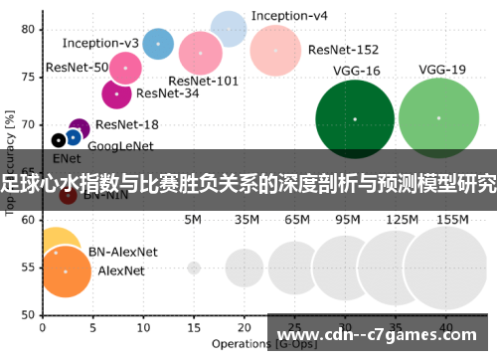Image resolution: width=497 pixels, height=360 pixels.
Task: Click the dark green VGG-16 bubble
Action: click(x=354, y=119)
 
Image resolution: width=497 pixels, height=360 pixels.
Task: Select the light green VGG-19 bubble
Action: click(x=438, y=118)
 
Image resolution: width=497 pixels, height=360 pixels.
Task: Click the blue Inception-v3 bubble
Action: click(x=157, y=44)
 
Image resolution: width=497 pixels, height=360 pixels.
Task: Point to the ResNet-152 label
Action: click(x=342, y=49)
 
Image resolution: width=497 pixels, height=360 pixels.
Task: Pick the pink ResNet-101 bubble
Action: click(x=201, y=52)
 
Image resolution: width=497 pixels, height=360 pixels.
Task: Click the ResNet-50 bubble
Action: click(x=125, y=68)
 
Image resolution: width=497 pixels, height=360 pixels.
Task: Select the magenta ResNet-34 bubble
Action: click(x=117, y=93)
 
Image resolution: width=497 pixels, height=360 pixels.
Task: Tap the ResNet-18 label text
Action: click(x=127, y=124)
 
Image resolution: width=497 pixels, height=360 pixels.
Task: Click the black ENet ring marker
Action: click(x=59, y=140)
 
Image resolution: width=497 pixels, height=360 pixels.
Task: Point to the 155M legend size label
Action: click(x=451, y=219)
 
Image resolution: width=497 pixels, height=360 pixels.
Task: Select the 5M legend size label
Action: click(x=194, y=219)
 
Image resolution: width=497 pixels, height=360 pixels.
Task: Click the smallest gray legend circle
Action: click(x=194, y=268)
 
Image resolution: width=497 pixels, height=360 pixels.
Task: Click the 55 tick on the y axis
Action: click(x=27, y=267)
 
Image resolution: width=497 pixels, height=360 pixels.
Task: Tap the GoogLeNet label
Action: click(x=119, y=146)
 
